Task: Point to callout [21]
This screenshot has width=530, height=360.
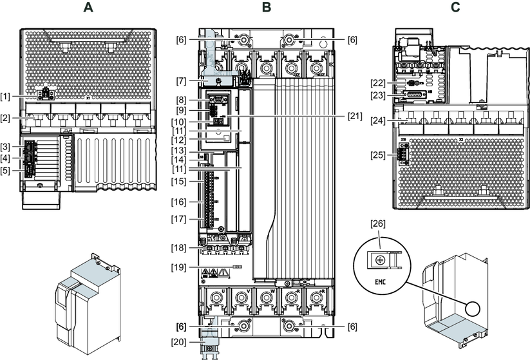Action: coord(354,116)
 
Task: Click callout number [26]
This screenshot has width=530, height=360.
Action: coord(379,224)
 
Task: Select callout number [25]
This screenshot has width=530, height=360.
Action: coord(378,155)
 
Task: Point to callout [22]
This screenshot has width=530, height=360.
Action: coord(378,82)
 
